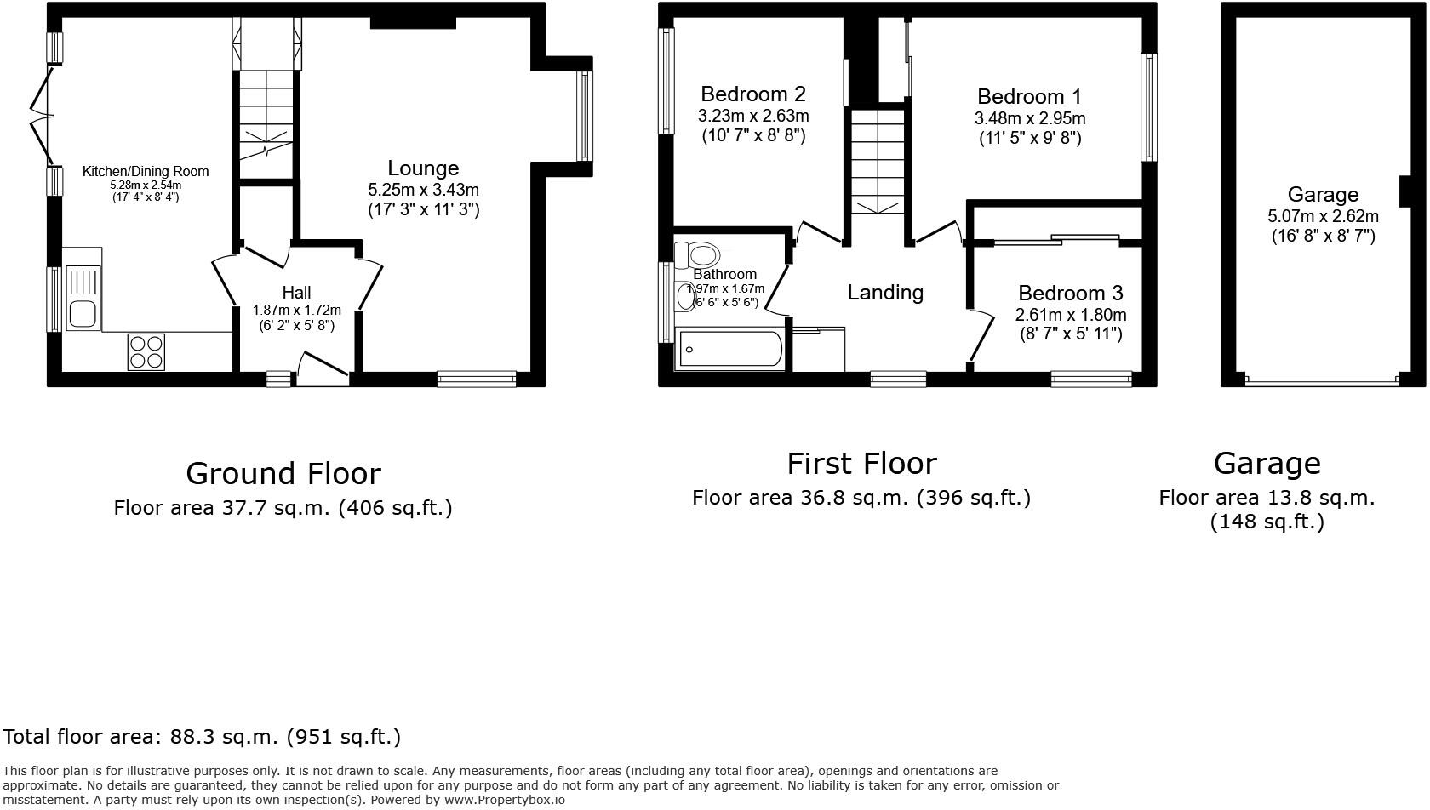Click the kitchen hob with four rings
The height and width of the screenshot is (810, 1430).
[146, 352]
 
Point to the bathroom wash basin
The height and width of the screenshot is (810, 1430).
[685, 298]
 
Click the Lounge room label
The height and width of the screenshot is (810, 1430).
[423, 168]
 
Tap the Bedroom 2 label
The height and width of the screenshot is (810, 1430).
[752, 94]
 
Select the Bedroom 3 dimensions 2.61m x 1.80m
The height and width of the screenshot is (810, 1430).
[1070, 315]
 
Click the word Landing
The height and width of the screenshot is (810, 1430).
[884, 293]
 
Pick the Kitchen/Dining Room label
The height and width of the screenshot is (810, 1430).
[145, 172]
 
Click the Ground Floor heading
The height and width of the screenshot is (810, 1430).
[283, 473]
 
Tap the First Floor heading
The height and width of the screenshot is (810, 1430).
[861, 464]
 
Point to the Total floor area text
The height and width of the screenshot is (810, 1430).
[202, 737]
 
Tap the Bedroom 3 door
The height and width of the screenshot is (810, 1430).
[981, 337]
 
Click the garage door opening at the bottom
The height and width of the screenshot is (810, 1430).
[1321, 380]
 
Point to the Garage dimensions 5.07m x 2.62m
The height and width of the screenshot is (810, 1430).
[1322, 216]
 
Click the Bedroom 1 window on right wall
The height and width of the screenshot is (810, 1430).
[1148, 107]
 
